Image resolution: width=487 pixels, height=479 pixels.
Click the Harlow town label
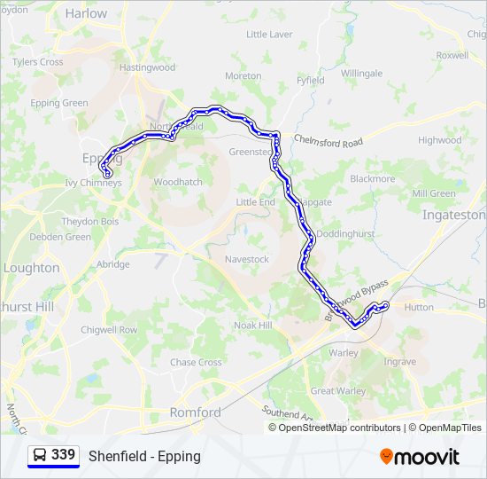86,13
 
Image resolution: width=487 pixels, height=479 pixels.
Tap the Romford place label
195,412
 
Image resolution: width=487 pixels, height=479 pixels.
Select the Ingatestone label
453,215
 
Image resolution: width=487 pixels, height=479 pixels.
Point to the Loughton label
32,268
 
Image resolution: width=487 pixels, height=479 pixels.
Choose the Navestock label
247,259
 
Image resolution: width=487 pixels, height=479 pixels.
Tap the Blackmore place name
372,178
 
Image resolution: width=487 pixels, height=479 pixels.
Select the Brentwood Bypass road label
357,300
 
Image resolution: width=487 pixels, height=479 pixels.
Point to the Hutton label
419,307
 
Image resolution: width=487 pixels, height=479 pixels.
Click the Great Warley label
338,390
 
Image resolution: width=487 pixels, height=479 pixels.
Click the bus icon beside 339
40,455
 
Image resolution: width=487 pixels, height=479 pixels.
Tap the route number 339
64,455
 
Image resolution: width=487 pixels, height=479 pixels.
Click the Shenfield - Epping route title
144,456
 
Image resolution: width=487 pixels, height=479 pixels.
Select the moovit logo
420,456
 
